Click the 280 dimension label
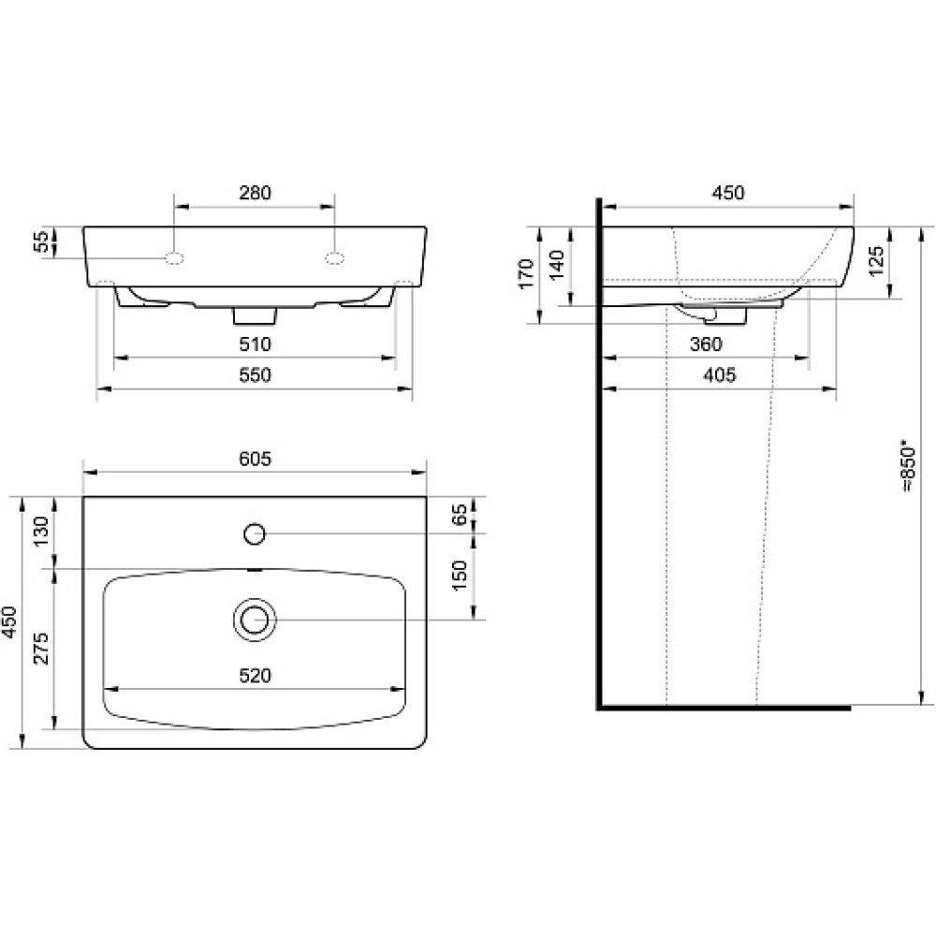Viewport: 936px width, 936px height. pos(255,193)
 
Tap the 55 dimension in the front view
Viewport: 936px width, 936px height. pos(42,241)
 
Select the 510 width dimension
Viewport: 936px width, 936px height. pos(255,344)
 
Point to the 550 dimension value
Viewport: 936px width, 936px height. pos(255,375)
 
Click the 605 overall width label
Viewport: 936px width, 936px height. pos(255,459)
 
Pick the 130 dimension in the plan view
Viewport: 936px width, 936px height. pos(42,532)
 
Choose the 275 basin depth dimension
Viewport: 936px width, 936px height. pos(42,648)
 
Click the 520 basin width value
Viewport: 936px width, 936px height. pos(255,676)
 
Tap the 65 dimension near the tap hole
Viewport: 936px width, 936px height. pos(460,515)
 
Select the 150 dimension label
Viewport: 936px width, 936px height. pos(460,576)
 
